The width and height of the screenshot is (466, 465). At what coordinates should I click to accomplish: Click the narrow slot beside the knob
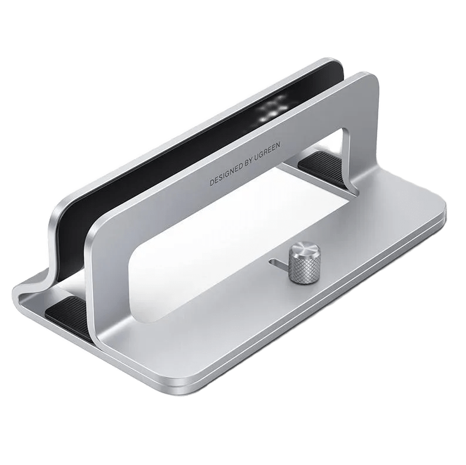[279, 264]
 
